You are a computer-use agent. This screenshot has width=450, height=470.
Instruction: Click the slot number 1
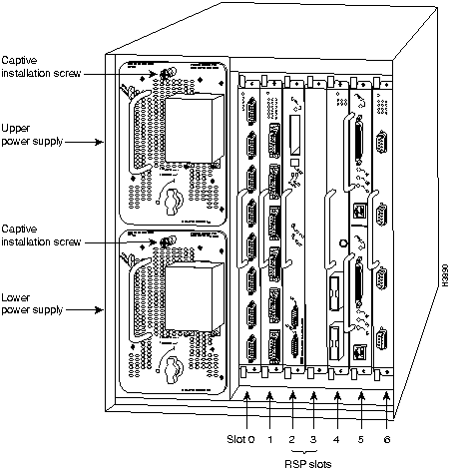point(269,437)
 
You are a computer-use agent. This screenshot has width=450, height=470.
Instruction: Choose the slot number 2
point(292,437)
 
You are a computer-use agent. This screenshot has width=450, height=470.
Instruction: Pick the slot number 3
point(314,437)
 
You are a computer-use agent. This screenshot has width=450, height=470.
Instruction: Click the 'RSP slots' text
point(303,461)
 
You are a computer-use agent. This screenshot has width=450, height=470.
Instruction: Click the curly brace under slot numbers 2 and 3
point(303,448)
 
